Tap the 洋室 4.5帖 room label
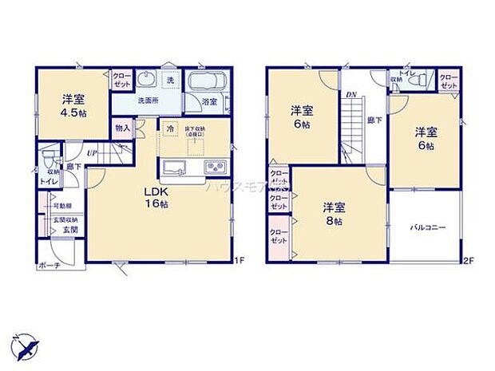point(73,106)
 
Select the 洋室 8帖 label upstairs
point(335,214)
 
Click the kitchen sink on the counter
point(175,167)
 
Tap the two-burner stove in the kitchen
point(215,167)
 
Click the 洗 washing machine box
point(170,79)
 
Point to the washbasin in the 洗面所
point(147,81)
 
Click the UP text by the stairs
point(92,152)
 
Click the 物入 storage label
point(122,127)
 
